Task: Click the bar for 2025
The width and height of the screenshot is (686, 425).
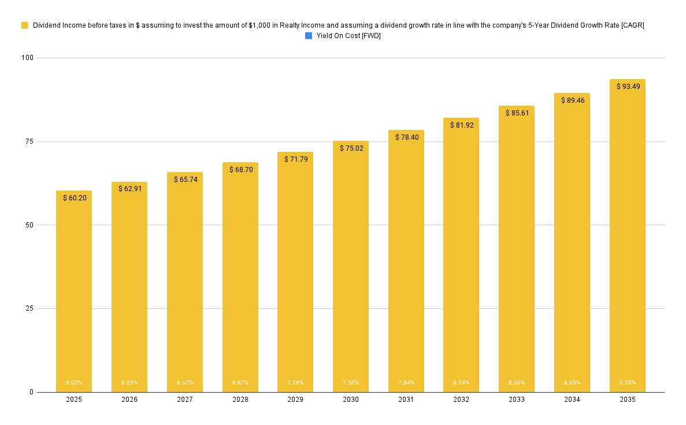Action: [74, 292]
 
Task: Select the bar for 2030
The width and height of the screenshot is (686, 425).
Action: [351, 267]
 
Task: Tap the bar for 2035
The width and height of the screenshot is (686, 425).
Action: [627, 236]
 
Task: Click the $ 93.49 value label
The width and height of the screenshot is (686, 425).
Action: [628, 87]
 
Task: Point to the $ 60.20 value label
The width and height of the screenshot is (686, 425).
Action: [75, 198]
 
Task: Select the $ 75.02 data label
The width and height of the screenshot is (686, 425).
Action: [351, 148]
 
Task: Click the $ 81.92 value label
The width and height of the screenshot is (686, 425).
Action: [462, 125]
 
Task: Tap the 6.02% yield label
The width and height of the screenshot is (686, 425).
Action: [74, 383]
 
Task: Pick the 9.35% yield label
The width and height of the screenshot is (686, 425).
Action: [627, 383]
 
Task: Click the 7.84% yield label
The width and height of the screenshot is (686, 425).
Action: [406, 383]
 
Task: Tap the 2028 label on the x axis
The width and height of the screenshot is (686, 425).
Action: [240, 400]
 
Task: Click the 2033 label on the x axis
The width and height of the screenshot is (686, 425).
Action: [517, 400]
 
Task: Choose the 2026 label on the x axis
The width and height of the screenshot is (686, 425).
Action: [129, 400]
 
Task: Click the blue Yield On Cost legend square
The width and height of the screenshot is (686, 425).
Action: [309, 36]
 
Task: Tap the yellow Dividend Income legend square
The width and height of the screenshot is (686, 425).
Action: [25, 25]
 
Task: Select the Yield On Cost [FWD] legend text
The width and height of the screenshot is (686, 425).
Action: [348, 36]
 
